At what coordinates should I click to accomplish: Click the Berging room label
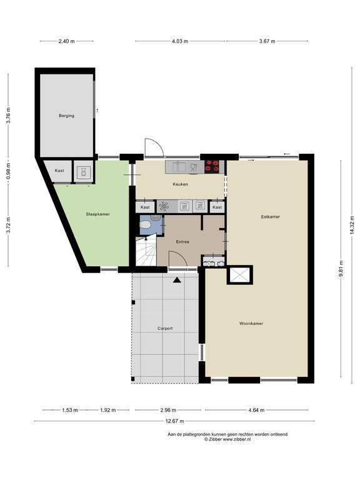(66, 116)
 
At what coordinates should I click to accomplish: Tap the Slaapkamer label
(97, 214)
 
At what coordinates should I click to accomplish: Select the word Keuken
(181, 184)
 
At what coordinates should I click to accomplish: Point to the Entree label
(182, 241)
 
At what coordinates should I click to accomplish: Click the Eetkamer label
(270, 217)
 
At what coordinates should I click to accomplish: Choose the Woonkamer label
(250, 324)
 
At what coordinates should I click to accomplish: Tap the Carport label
(165, 328)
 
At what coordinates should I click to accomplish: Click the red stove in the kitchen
(212, 166)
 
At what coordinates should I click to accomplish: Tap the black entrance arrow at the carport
(177, 280)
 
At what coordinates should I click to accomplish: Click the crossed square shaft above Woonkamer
(239, 276)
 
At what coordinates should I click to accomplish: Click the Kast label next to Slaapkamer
(59, 171)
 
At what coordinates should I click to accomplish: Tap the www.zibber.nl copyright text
(227, 439)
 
